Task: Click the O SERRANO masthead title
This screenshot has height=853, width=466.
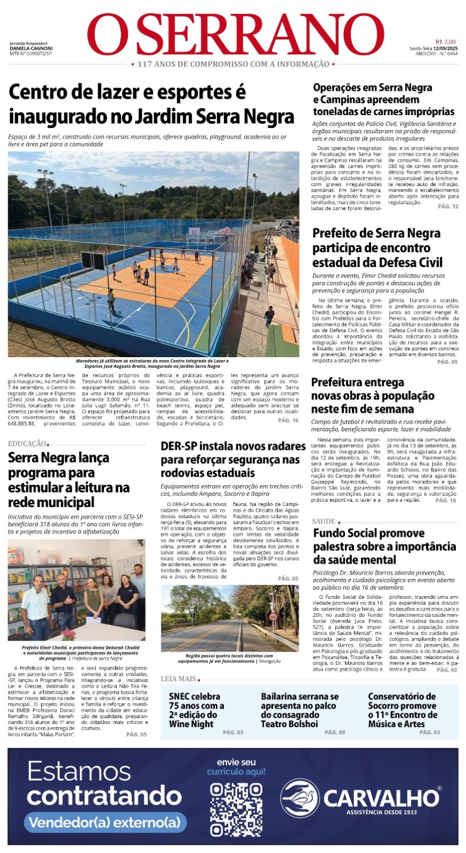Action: [x=236, y=35]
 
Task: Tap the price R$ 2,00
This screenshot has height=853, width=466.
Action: [x=445, y=42]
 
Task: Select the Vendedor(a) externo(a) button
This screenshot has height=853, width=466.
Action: [x=104, y=822]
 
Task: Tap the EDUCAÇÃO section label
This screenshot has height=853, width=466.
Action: [x=27, y=443]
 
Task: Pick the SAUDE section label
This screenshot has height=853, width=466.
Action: [x=324, y=521]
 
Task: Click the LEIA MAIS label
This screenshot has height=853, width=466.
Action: [x=178, y=678]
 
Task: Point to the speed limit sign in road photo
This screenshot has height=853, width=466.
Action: [x=273, y=616]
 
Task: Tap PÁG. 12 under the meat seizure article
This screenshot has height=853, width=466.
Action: [x=448, y=206]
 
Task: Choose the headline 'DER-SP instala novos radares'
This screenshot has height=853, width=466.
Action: [x=233, y=446]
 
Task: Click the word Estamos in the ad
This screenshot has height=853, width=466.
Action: [x=79, y=772]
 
